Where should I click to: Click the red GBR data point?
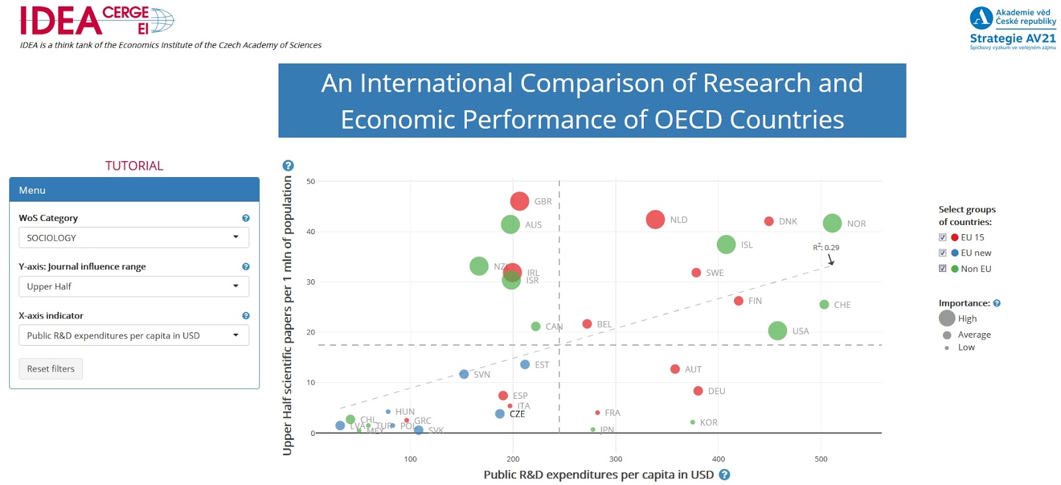519,201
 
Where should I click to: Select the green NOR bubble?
832,224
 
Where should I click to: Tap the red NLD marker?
655,220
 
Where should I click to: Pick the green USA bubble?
777,330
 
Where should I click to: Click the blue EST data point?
525,364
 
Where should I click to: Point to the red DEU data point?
698,391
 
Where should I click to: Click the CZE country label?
517,414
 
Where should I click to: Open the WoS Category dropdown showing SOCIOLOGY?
133,238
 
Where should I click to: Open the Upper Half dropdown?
133,287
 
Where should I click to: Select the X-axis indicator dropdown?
133,336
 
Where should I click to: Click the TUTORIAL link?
134,166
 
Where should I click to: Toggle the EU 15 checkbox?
942,238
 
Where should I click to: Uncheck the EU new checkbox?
942,253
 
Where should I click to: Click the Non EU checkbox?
942,269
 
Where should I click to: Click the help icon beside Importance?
997,303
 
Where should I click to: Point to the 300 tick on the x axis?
615,459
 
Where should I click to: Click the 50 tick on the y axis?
310,181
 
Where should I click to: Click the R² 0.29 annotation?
826,247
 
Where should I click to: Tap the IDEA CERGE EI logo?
97,21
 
